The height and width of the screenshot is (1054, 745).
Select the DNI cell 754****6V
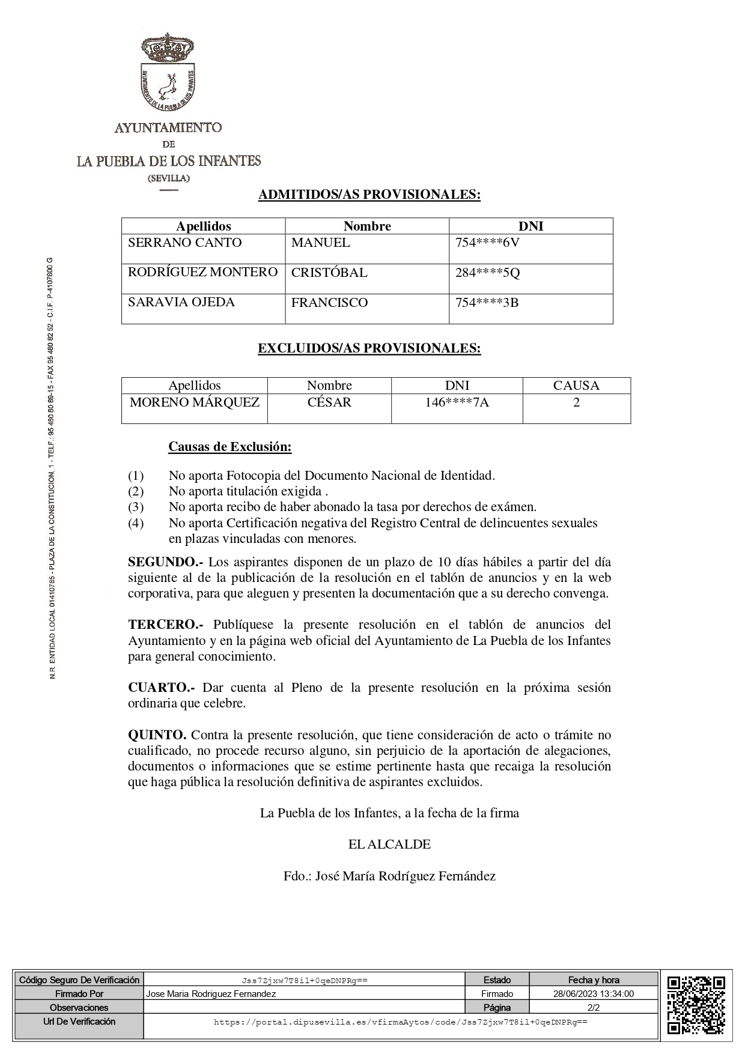click(x=487, y=243)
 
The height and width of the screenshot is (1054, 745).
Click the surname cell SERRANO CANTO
click(x=185, y=243)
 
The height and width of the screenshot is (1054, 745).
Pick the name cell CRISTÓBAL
click(x=329, y=273)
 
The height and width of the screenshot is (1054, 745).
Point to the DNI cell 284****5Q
click(x=487, y=273)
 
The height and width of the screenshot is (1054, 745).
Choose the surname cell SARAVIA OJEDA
click(x=181, y=303)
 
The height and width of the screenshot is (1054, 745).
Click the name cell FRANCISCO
click(x=329, y=303)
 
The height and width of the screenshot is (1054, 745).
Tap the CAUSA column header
click(x=576, y=386)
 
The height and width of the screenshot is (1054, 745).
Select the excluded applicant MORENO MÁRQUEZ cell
click(x=195, y=402)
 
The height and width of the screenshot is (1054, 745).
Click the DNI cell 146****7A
click(x=457, y=402)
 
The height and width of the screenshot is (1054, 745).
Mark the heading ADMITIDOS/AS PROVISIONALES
click(x=369, y=195)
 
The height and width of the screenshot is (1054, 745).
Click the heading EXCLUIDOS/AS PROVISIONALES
click(x=369, y=349)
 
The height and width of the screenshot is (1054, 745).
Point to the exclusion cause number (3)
click(x=136, y=507)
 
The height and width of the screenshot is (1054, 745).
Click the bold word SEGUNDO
click(x=165, y=563)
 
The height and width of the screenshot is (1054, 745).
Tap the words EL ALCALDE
click(x=389, y=844)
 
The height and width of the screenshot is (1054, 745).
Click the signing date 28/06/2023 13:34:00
click(x=594, y=994)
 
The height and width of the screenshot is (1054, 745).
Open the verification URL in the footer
click(x=400, y=1022)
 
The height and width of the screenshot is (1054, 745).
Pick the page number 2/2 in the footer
click(x=594, y=1008)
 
